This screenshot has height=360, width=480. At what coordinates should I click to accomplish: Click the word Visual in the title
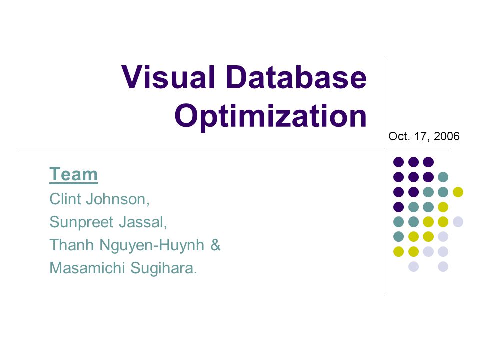168,77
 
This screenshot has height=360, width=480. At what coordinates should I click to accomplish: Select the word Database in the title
297,77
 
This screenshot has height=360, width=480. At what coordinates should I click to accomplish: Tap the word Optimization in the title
270,116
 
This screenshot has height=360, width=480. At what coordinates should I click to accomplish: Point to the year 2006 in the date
446,136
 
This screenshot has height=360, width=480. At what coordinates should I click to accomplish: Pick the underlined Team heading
74,174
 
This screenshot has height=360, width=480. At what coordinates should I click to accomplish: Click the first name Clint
66,199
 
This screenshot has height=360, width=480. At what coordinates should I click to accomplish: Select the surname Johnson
118,199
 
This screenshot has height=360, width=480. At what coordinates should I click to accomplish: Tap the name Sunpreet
81,222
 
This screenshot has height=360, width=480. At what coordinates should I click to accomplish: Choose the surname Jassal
143,222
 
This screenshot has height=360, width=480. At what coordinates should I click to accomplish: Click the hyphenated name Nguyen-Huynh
152,245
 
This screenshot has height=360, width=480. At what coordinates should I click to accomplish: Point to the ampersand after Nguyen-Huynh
216,245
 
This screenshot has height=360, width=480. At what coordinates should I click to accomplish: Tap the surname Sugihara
164,268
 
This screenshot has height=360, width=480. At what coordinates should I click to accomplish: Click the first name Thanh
72,245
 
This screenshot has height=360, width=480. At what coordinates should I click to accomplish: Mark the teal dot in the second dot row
443,177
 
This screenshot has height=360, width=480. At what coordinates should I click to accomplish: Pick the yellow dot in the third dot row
458,192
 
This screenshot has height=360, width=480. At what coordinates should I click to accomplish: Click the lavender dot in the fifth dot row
458,222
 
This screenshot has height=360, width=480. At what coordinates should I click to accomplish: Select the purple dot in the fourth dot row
398,207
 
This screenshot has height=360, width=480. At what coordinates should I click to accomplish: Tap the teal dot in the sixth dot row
398,236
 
